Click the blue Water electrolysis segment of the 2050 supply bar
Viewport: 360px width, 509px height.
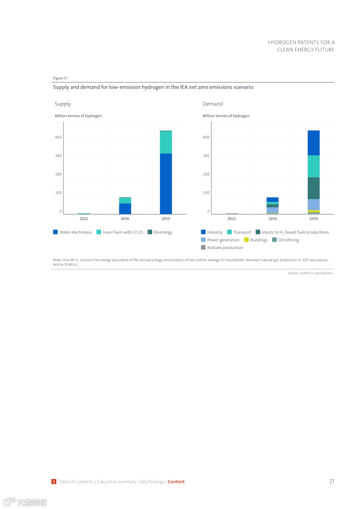[166, 183]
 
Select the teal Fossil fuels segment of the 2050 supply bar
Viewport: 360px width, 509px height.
[166, 142]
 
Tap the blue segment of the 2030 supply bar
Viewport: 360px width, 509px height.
[125, 208]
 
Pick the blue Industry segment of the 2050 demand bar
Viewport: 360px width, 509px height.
[313, 143]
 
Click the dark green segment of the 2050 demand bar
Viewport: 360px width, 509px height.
[313, 188]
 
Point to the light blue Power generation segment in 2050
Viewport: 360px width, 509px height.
[313, 204]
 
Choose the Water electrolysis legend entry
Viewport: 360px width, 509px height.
[72, 232]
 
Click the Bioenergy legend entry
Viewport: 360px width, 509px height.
[160, 232]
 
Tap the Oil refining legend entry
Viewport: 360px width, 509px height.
[286, 240]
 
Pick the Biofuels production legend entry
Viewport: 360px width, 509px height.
[222, 248]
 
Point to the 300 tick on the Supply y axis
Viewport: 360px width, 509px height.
[58, 156]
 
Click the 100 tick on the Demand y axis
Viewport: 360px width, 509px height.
[206, 193]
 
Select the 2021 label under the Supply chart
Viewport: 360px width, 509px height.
[84, 219]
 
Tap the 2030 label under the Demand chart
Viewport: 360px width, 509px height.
[273, 219]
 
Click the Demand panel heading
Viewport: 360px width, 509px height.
[213, 104]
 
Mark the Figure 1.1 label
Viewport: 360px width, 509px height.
[60, 78]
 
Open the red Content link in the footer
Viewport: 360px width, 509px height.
[176, 482]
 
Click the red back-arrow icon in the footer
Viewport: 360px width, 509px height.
[54, 482]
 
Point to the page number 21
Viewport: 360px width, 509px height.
[332, 481]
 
